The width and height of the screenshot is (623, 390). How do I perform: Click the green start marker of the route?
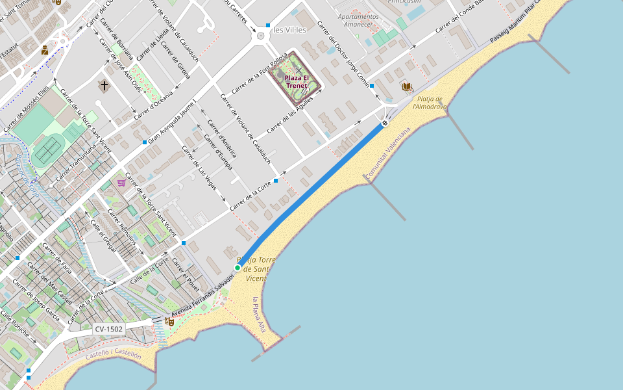tap(238, 268)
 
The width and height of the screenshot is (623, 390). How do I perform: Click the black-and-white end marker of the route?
tap(385, 122)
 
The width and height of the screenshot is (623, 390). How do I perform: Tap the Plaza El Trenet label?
tap(297, 82)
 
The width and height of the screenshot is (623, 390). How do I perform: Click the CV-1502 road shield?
tap(108, 330)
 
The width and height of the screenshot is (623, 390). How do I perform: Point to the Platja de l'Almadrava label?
tap(430, 102)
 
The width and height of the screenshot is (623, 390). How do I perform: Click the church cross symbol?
tap(103, 85)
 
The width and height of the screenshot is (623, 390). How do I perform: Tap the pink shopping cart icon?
tap(121, 183)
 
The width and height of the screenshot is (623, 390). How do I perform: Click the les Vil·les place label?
tap(290, 29)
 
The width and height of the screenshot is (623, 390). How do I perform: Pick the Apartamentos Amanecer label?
tap(358, 20)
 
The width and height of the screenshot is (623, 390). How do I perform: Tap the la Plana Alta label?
tap(259, 315)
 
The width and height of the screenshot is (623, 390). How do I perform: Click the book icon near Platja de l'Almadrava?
tap(406, 86)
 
